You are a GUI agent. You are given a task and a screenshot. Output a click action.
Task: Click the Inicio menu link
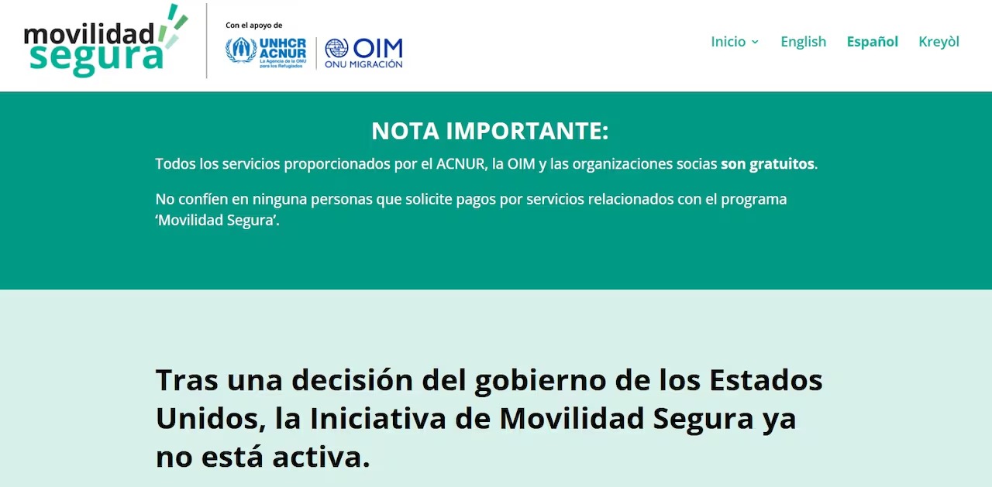click(x=728, y=42)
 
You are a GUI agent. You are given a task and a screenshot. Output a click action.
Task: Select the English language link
click(x=804, y=42)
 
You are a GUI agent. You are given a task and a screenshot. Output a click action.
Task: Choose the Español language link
click(x=873, y=42)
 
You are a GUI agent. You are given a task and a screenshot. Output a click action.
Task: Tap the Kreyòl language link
click(x=939, y=42)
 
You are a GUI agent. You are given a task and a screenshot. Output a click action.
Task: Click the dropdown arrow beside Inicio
click(x=755, y=42)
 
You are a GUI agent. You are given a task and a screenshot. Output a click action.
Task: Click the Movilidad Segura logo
click(x=106, y=41)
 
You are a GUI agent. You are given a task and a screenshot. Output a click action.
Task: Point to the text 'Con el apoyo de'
click(x=253, y=26)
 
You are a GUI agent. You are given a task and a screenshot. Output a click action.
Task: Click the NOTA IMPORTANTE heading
click(x=490, y=131)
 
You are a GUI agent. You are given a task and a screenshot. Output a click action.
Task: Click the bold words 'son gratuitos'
click(x=767, y=163)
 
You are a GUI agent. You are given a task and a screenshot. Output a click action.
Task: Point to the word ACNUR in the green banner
click(x=460, y=163)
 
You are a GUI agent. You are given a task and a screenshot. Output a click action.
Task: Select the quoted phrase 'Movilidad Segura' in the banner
click(x=216, y=220)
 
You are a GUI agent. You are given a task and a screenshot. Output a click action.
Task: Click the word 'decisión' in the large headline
click(x=352, y=380)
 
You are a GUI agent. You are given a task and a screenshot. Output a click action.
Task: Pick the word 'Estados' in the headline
click(x=766, y=380)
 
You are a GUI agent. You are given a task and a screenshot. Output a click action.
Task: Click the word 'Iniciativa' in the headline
click(x=377, y=418)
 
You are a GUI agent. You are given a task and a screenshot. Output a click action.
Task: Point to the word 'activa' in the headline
click(x=321, y=457)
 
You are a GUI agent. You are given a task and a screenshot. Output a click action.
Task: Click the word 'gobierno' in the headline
click(x=540, y=381)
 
